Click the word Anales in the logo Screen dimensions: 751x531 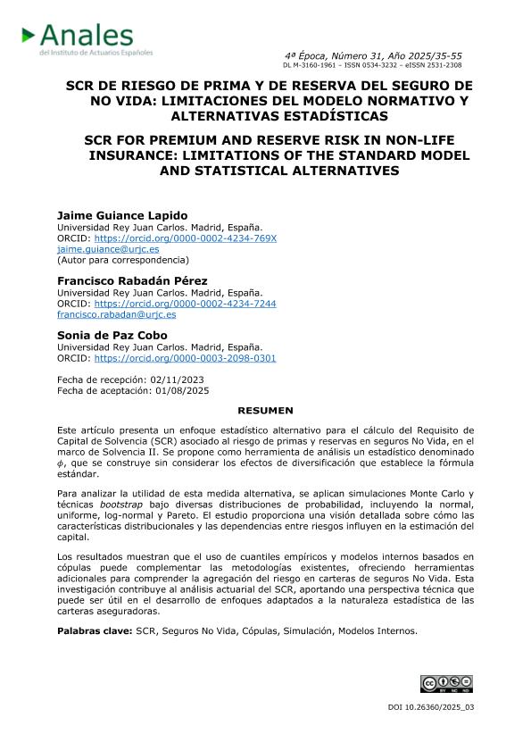pos(87,36)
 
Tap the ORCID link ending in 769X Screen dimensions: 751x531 pos(186,238)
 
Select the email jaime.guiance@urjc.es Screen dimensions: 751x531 pos(108,249)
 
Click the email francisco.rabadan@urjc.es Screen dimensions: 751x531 pos(116,314)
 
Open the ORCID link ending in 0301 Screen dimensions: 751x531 pos(185,358)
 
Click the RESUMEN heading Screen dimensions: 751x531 pos(265,410)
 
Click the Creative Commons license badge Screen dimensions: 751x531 pos(445,684)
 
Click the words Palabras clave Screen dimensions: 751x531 pos(95,631)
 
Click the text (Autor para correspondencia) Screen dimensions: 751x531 pos(123,260)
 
